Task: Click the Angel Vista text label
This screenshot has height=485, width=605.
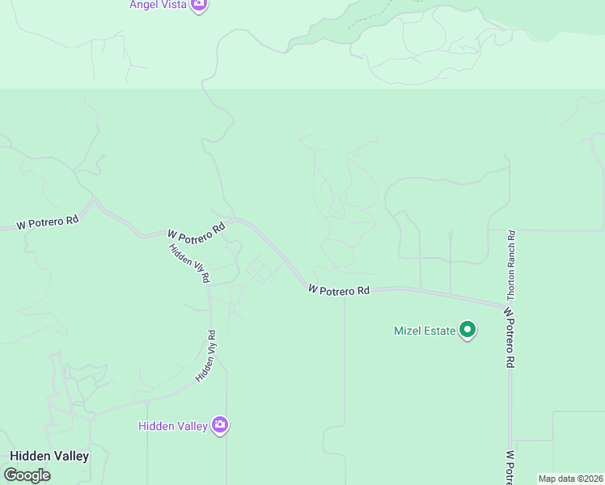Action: pyautogui.click(x=158, y=5)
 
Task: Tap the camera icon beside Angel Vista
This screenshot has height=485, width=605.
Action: pyautogui.click(x=199, y=5)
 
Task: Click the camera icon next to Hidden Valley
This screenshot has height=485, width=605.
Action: pyautogui.click(x=219, y=425)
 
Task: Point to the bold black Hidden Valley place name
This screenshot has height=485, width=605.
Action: pyautogui.click(x=49, y=456)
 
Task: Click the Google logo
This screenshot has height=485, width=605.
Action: pyautogui.click(x=27, y=475)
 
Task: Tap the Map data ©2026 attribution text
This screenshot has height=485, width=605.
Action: pyautogui.click(x=570, y=479)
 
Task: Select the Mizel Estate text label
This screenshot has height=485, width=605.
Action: pyautogui.click(x=424, y=331)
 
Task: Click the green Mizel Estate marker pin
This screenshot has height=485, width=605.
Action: pyautogui.click(x=467, y=330)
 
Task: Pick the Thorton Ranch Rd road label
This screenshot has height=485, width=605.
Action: pyautogui.click(x=512, y=265)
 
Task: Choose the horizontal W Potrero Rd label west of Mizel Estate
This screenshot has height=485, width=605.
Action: pyautogui.click(x=339, y=289)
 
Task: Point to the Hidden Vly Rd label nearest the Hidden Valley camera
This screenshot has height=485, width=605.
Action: pyautogui.click(x=205, y=356)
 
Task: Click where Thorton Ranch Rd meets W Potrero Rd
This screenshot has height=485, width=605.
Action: pyautogui.click(x=510, y=306)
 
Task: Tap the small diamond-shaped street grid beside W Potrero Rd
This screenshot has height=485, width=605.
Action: pyautogui.click(x=259, y=270)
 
